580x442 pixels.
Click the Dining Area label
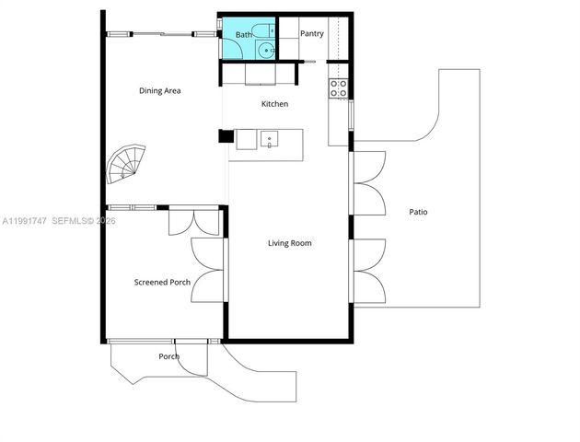click(159, 90)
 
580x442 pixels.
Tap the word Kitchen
click(275, 104)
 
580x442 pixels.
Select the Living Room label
click(289, 243)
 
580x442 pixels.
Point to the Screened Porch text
click(162, 282)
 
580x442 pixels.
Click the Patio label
click(418, 212)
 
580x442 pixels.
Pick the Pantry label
click(312, 34)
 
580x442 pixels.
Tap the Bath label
click(243, 35)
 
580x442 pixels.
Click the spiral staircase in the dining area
click(126, 164)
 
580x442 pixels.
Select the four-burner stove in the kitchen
click(339, 88)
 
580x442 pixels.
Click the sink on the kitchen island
click(271, 140)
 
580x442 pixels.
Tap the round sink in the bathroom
click(265, 51)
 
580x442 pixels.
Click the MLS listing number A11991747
click(22, 221)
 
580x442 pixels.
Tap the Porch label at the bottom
click(168, 356)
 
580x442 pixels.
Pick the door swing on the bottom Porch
click(191, 358)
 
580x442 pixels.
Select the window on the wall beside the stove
click(351, 114)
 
